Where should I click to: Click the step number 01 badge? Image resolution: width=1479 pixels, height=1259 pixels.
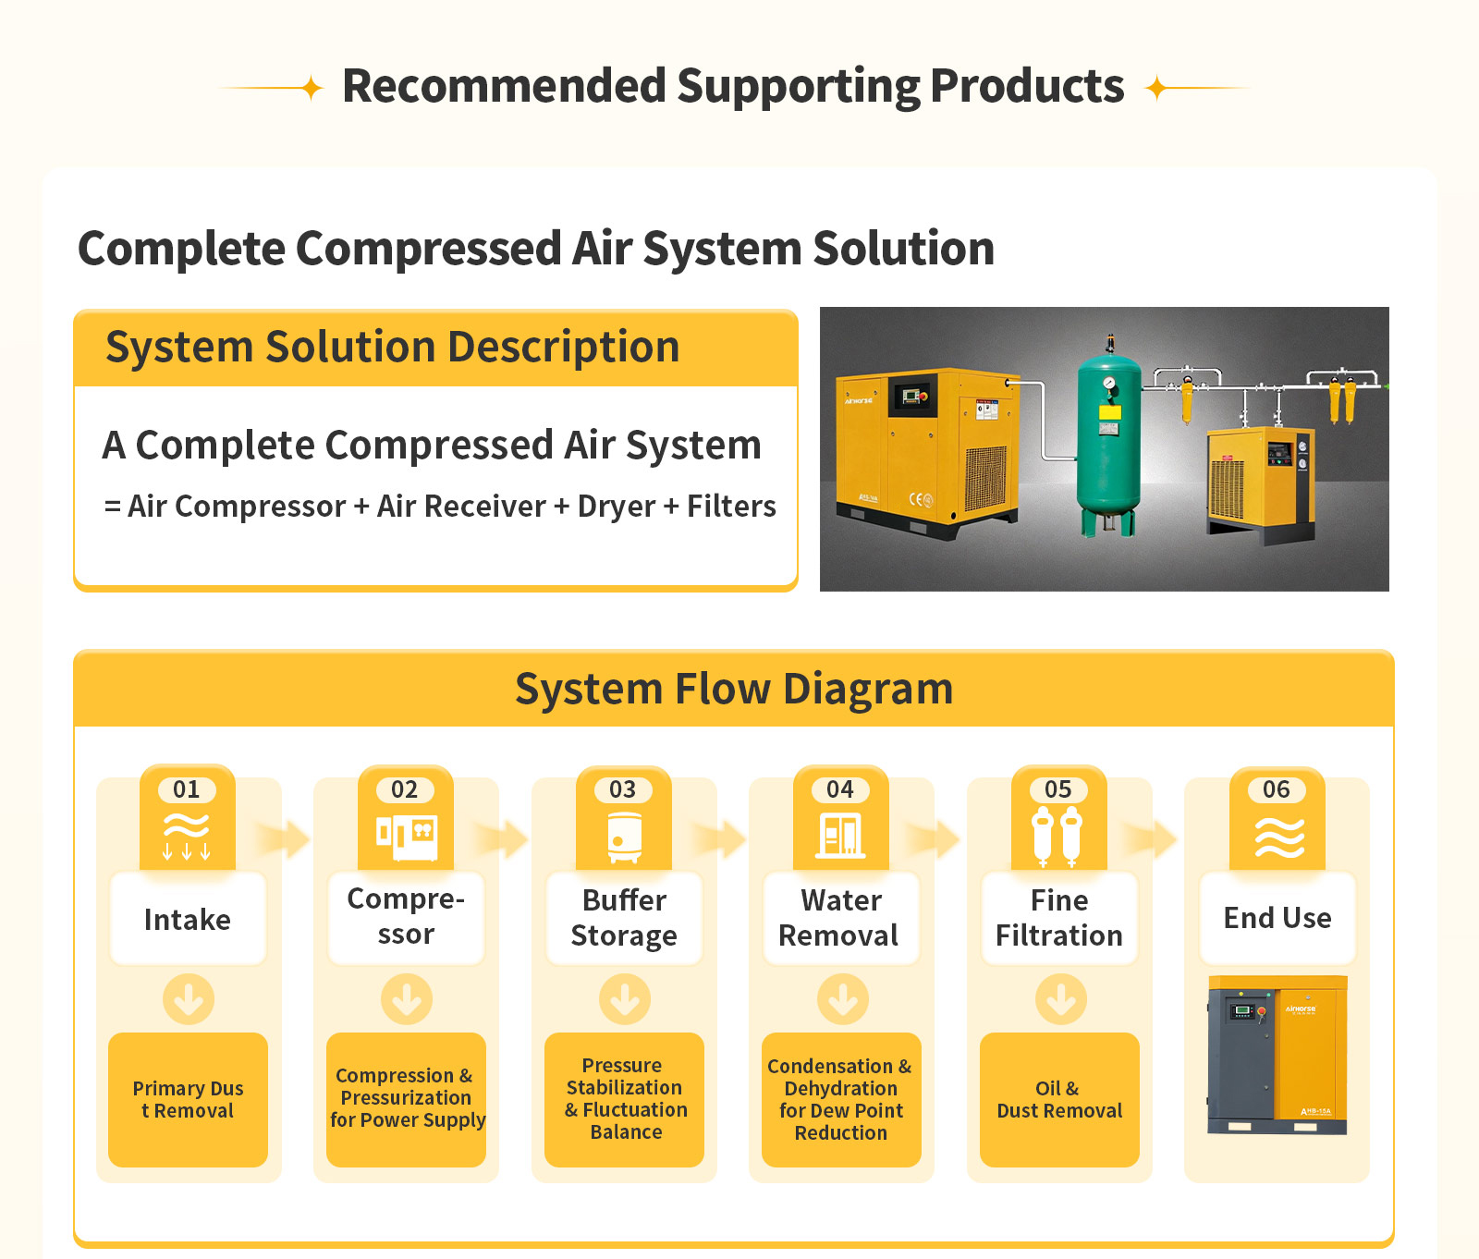pos(187,789)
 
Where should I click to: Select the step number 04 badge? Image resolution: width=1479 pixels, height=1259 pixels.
pos(840,789)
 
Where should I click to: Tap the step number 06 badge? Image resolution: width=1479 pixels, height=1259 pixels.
pos(1277,789)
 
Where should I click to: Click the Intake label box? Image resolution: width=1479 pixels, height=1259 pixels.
pos(188,919)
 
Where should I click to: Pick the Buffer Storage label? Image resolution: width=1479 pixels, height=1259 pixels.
pos(624,918)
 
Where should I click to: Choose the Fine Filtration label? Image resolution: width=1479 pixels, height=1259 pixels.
pos(1059,918)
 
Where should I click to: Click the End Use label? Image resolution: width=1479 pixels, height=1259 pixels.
pos(1277,918)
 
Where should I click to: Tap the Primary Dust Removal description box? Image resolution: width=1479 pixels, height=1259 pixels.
pos(188,1099)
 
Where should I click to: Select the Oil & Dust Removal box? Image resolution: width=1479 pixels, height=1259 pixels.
pos(1059,1099)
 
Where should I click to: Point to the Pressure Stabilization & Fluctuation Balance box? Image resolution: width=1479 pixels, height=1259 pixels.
pos(624,1099)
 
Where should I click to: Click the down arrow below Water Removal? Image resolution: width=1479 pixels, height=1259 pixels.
pos(842,999)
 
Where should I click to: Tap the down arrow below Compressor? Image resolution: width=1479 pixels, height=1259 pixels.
pos(407,999)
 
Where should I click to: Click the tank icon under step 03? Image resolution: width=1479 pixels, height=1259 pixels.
pos(624,837)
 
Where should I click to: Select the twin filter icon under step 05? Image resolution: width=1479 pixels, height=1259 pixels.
pos(1057,836)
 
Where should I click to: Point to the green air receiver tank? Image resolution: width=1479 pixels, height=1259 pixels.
pos(1108,444)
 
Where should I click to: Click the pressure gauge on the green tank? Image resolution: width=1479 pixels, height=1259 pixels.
pos(1108,383)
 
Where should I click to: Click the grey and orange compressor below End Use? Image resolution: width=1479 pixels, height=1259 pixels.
pos(1277,1055)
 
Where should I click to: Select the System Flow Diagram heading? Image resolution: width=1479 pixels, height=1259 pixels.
pos(734,690)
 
